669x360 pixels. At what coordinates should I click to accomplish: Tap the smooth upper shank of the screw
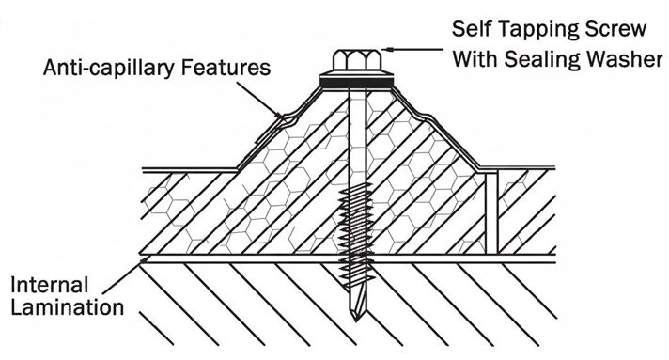[x=354, y=141]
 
